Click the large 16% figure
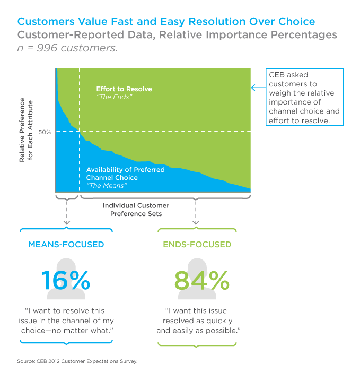pyautogui.click(x=66, y=280)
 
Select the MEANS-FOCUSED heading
pyautogui.click(x=66, y=245)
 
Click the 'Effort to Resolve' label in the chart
pyautogui.click(x=124, y=89)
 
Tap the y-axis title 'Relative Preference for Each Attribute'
pyautogui.click(x=27, y=130)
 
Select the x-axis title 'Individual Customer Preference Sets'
pyautogui.click(x=136, y=209)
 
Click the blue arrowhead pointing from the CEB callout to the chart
pyautogui.click(x=254, y=88)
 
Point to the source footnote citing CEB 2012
pyautogui.click(x=76, y=361)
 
